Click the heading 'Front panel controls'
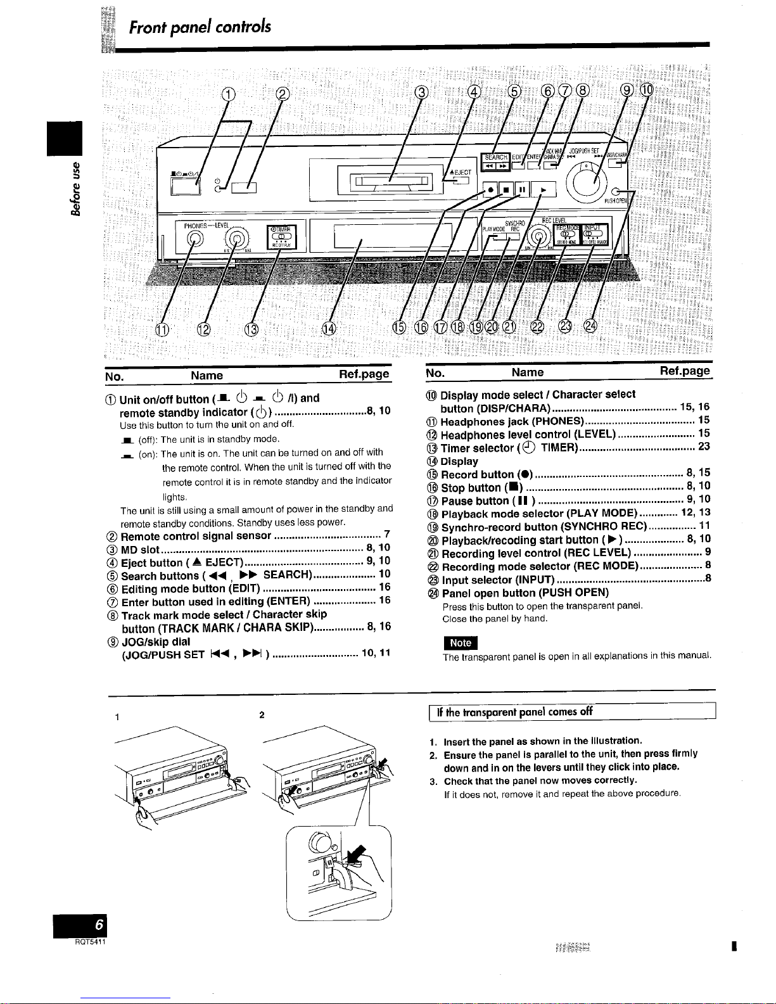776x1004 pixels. [200, 27]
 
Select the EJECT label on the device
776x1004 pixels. [461, 172]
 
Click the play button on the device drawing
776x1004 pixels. [543, 189]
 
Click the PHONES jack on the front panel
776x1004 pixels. [196, 238]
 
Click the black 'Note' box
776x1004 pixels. [461, 642]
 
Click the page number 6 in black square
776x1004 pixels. [99, 925]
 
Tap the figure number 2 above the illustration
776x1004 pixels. [262, 715]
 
